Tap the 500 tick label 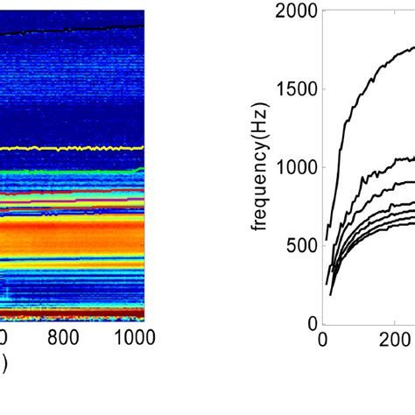point(300,245)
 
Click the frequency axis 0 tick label point(310,323)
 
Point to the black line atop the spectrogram point(70,31)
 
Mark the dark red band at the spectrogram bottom point(70,311)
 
